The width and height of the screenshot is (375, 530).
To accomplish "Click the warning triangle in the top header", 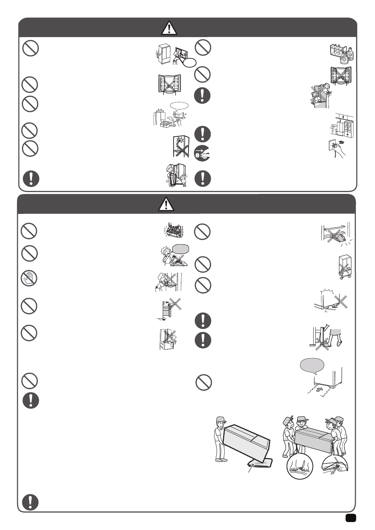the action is [169, 28].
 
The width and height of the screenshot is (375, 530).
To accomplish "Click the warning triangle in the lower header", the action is [166, 204].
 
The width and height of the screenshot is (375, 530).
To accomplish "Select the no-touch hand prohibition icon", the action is [29, 279].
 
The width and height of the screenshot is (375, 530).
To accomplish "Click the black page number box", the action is [351, 518].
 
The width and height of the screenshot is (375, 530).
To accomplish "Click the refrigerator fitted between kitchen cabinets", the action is [343, 128].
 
